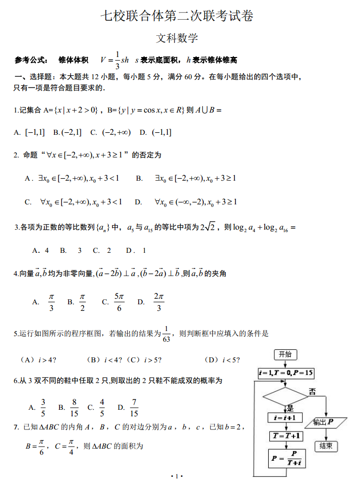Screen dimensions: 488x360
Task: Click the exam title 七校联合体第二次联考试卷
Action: click(176, 16)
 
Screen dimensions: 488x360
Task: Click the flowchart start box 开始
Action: click(285, 354)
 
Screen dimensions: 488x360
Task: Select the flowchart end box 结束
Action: click(326, 446)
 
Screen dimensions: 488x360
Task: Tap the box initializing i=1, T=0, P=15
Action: click(286, 373)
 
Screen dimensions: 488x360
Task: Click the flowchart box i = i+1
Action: click(286, 418)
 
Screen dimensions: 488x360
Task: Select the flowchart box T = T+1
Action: click(286, 436)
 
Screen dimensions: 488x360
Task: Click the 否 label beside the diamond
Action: click(312, 392)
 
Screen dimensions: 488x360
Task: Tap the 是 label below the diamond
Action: click(290, 408)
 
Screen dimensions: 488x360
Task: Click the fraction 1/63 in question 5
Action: click(167, 334)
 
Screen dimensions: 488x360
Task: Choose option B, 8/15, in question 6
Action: click(74, 407)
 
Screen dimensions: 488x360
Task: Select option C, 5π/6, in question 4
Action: click(119, 302)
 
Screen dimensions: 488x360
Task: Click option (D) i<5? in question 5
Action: click(222, 360)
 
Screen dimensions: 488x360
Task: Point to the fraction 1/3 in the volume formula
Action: click(117, 60)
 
